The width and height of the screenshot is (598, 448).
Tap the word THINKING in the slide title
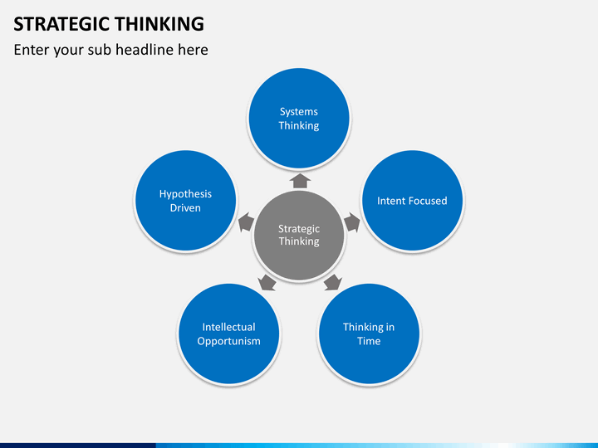pos(159,23)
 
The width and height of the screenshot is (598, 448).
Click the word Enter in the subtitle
pos(32,50)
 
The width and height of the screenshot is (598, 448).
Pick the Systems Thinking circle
pos(299,119)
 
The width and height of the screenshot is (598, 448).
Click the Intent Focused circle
pos(412,201)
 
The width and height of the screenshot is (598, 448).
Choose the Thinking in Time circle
pos(369,334)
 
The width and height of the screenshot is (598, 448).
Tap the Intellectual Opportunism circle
pos(229,334)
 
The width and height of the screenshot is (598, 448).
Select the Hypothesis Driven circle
pos(185,201)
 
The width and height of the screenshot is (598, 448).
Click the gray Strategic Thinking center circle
pos(299,235)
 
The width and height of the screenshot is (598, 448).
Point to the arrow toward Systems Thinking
pos(300,181)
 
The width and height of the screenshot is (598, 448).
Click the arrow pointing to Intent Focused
pos(352,222)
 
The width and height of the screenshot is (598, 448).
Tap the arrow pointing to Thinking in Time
pos(333,282)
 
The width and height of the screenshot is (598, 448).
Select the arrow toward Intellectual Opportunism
pos(267,282)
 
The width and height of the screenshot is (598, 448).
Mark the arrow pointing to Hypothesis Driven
pos(247,222)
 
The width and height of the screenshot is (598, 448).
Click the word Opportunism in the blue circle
pos(229,341)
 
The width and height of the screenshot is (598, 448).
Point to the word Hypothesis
pos(185,194)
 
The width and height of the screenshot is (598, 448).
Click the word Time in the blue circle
pos(369,341)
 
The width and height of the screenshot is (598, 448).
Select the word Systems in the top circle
pos(299,112)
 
